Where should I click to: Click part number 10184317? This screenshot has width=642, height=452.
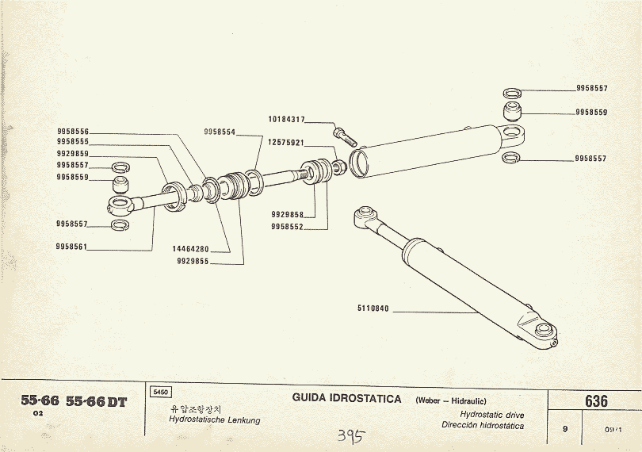(286, 120)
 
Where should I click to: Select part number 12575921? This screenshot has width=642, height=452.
(286, 143)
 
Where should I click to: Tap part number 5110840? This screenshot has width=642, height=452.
(373, 308)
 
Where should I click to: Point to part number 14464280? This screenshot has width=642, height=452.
(190, 249)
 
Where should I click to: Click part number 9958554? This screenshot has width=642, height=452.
(220, 132)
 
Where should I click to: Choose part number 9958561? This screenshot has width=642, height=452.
(72, 247)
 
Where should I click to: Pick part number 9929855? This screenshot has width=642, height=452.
(193, 261)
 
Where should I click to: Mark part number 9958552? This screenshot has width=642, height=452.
(287, 226)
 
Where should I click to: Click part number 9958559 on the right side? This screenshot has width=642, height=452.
(591, 113)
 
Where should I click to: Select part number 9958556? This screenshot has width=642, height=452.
(73, 132)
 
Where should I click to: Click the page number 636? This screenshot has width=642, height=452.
(596, 401)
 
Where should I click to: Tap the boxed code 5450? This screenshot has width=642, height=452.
(159, 392)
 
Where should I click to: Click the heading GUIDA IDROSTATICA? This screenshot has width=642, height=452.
(346, 398)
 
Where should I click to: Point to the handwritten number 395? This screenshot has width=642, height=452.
(350, 435)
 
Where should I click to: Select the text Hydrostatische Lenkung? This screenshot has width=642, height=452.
(215, 420)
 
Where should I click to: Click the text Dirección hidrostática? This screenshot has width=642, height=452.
(483, 426)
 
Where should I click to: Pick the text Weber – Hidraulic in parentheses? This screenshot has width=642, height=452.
(451, 400)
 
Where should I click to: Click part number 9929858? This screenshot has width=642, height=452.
(287, 215)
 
